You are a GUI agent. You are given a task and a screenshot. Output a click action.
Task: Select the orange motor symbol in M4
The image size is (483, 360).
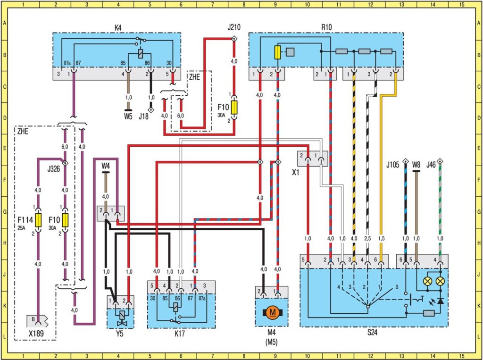271,312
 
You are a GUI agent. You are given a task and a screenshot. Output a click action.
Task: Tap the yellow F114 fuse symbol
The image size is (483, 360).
38,220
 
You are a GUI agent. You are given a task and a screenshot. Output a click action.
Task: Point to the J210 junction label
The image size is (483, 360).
233,27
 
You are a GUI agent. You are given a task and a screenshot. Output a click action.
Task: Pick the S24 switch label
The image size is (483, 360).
373,332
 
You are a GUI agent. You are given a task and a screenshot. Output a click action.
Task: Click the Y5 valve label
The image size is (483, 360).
121,332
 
